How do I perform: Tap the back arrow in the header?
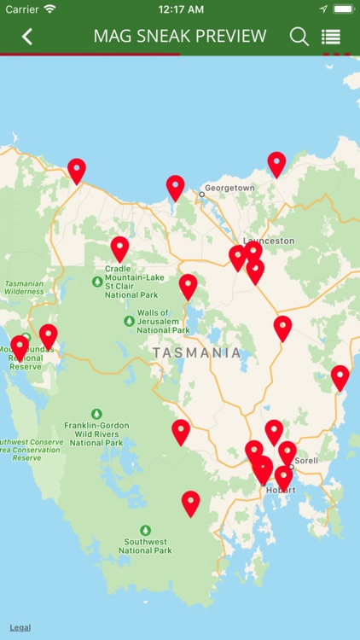(27, 37)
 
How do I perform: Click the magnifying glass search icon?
(299, 37)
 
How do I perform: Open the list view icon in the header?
(331, 37)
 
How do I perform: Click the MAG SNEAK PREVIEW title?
(180, 37)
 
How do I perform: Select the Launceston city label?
(269, 241)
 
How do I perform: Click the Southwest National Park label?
(146, 545)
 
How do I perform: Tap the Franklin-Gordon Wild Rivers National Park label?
(96, 432)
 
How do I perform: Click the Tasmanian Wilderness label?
(23, 288)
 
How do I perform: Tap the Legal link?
(20, 627)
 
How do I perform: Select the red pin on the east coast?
(340, 375)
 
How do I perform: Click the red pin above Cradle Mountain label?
(119, 247)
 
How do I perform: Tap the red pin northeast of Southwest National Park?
(190, 501)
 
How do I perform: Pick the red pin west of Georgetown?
(175, 185)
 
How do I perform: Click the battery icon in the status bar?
(342, 9)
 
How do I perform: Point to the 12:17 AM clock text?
(179, 9)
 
